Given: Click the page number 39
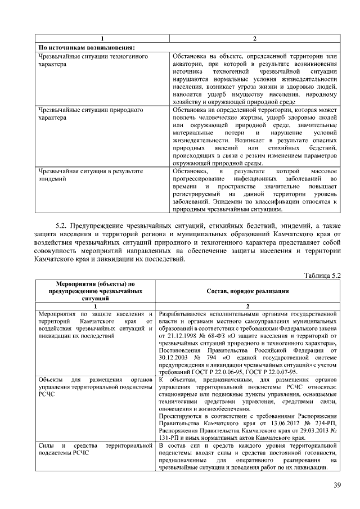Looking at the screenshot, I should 337,485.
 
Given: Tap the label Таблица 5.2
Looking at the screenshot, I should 322,274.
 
